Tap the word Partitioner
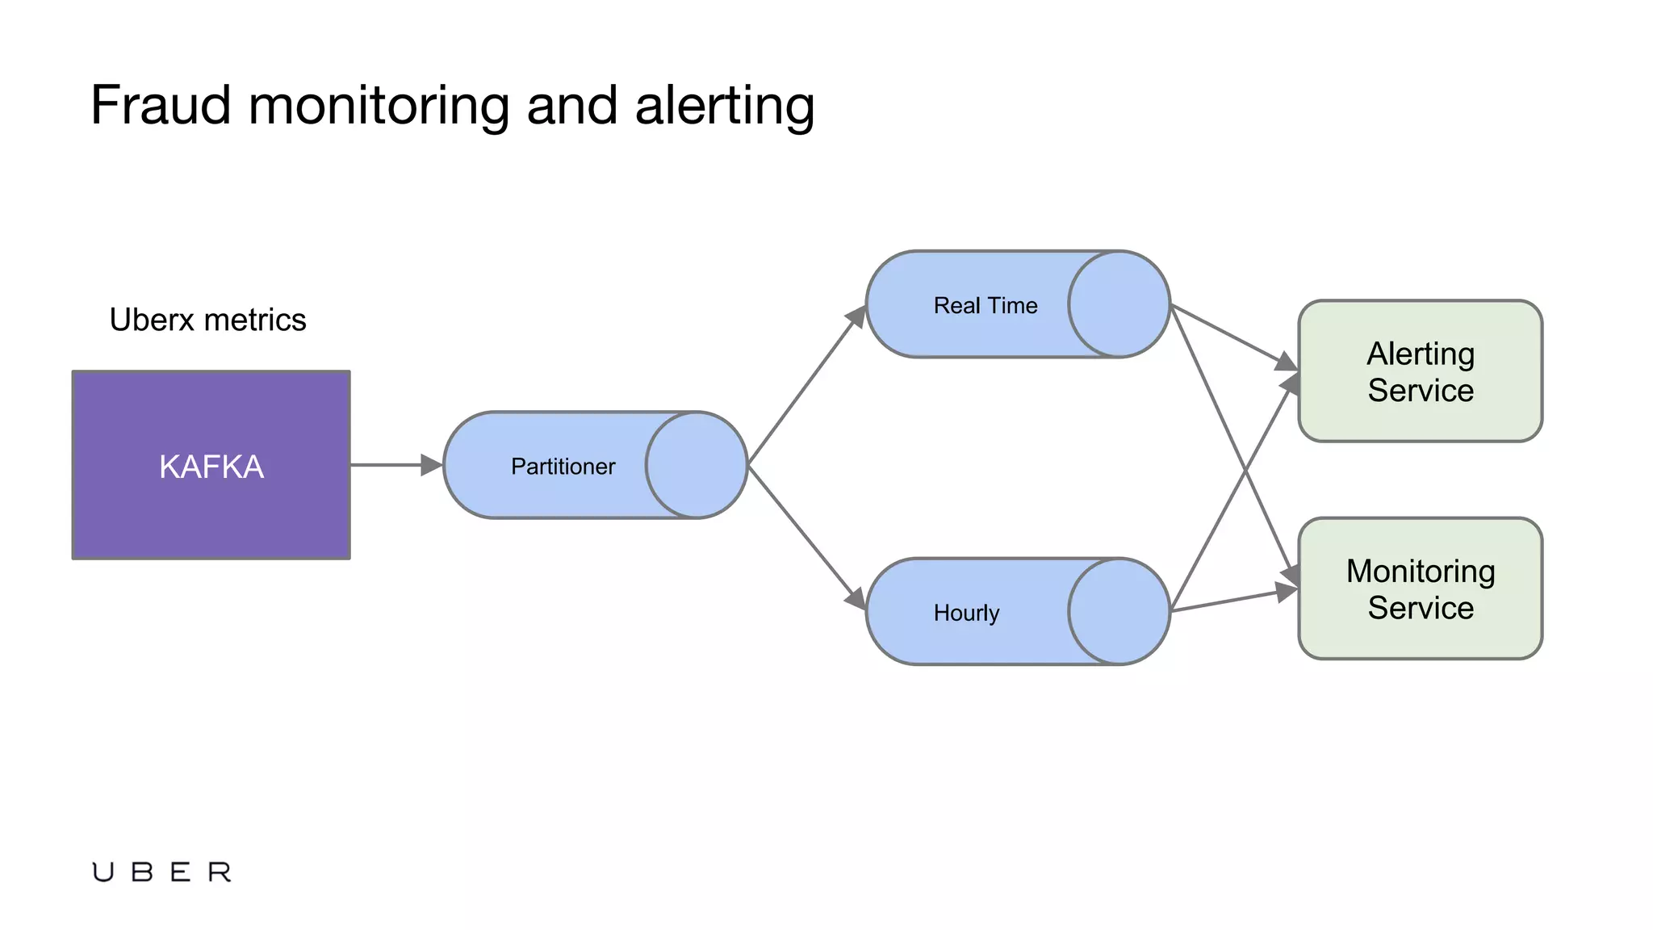coord(563,467)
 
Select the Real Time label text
coord(985,306)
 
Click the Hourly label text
coord(966,614)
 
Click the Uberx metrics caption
coord(207,320)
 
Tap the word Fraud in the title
coord(161,106)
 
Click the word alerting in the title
coord(724,106)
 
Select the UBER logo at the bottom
coord(161,872)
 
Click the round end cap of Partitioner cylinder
coord(697,465)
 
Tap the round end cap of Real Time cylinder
coord(1119,304)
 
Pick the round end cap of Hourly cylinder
coord(1119,611)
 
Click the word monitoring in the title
coord(379,106)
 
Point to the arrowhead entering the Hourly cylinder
coord(856,599)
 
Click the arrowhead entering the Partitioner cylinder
coord(432,465)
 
